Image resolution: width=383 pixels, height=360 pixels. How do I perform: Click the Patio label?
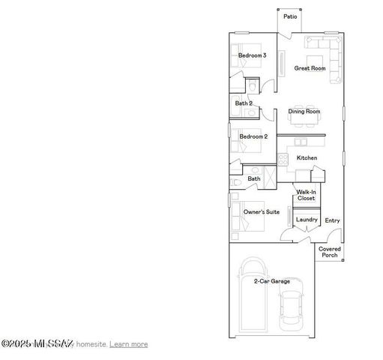click(289, 16)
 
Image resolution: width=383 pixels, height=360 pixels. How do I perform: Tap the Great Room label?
click(309, 68)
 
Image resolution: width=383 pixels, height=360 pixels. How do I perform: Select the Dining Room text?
click(304, 112)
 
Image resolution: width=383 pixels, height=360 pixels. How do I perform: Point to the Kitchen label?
click(307, 157)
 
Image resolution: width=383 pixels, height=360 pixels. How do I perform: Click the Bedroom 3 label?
click(251, 55)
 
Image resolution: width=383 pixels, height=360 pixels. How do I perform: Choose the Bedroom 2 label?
click(253, 136)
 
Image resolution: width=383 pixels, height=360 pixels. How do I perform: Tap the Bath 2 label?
click(243, 103)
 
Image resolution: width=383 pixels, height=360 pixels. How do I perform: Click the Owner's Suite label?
click(262, 212)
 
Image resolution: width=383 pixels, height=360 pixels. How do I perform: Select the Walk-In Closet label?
click(305, 195)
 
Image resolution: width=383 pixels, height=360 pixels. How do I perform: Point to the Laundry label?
click(307, 220)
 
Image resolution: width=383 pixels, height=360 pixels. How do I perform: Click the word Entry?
click(332, 220)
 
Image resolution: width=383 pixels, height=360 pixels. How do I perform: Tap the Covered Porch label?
click(330, 252)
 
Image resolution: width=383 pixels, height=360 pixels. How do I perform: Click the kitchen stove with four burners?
click(283, 158)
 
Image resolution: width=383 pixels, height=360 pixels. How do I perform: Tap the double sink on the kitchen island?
click(300, 141)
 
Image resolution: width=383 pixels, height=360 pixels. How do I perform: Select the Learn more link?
click(129, 344)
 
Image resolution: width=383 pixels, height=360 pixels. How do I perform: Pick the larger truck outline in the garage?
click(253, 296)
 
